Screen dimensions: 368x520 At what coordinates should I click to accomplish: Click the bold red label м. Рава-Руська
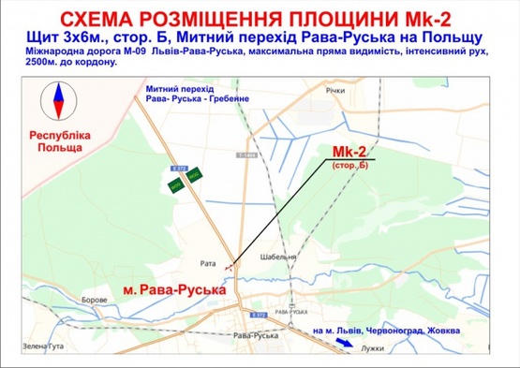tap(174, 291)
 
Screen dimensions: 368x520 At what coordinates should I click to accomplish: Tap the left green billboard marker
tap(174, 185)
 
